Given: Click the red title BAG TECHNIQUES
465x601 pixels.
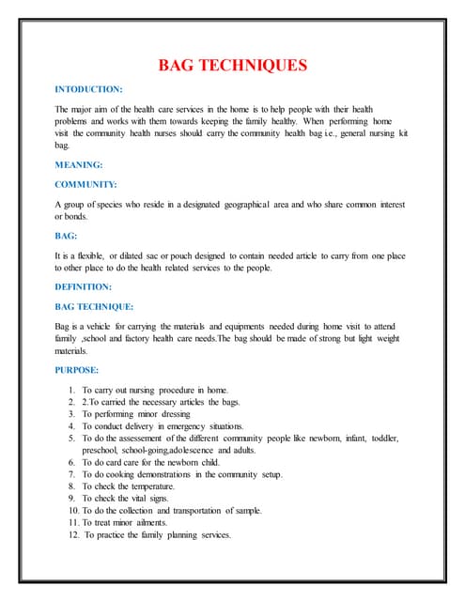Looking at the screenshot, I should point(231,65).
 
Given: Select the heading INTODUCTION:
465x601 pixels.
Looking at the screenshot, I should point(88,89).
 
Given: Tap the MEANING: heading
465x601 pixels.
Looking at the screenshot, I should point(79,165).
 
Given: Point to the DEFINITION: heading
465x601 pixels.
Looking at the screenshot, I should point(84,286).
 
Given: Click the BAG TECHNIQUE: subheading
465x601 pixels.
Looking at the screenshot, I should point(95,306).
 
